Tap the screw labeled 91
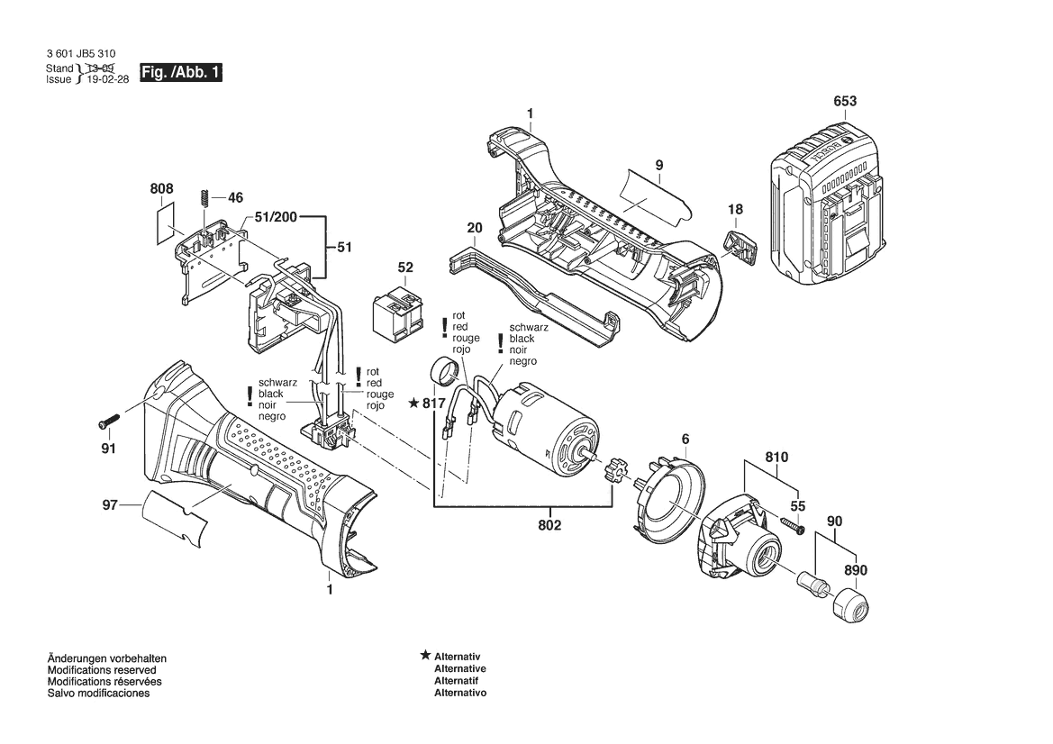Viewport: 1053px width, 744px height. (x=108, y=421)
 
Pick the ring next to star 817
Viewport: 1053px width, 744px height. (x=444, y=370)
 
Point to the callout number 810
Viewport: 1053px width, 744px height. (x=776, y=458)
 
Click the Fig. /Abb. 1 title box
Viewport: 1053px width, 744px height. (x=181, y=73)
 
